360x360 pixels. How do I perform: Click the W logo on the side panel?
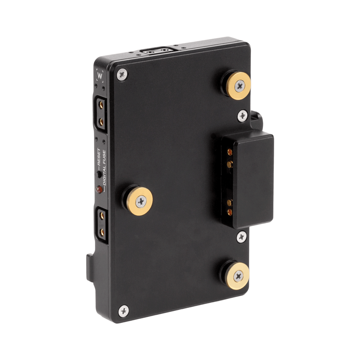(100, 76)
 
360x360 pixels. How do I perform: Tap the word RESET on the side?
(99, 157)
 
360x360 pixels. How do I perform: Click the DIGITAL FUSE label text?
(104, 168)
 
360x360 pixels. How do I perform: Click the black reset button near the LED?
(99, 174)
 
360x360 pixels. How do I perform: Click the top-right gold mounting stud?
(238, 86)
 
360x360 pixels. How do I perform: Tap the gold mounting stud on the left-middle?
(140, 201)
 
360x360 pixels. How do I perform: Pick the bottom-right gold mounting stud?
(238, 276)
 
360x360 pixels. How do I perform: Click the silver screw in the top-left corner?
(122, 74)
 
